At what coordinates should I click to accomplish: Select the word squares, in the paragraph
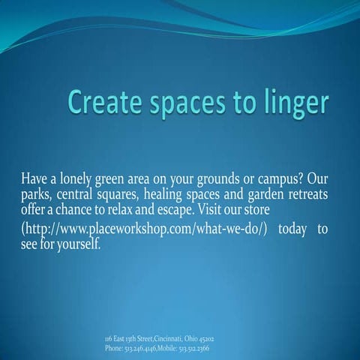coord(134,196)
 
